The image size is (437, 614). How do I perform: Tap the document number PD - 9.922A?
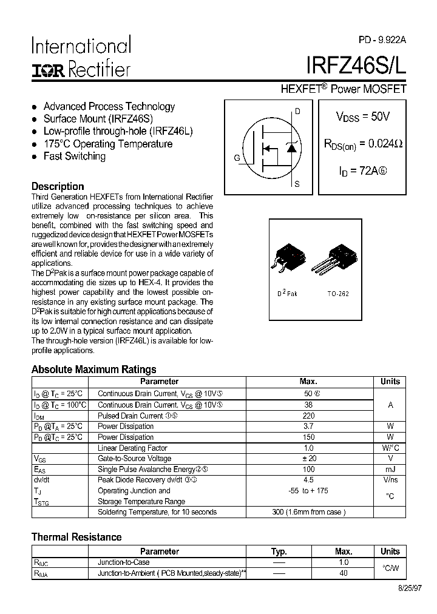(x=382, y=39)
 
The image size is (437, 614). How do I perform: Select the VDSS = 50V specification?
(x=362, y=116)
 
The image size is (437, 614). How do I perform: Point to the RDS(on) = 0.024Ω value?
(x=362, y=144)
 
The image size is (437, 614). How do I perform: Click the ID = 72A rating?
(x=362, y=171)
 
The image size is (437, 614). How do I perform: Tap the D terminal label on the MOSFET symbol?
(x=297, y=111)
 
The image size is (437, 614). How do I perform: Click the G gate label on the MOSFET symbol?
(x=237, y=158)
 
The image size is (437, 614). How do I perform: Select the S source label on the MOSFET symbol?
(x=297, y=183)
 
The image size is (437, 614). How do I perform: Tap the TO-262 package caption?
(x=338, y=293)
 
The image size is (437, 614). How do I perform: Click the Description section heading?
(x=58, y=186)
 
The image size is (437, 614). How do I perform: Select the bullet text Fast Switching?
(x=74, y=157)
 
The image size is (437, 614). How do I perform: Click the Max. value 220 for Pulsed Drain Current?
(x=308, y=416)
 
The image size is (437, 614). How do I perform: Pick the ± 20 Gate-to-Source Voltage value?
(x=308, y=459)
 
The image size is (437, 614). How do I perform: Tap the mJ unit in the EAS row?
(x=390, y=470)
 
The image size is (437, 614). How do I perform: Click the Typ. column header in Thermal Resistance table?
(x=279, y=552)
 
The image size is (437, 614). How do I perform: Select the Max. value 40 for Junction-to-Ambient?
(x=344, y=573)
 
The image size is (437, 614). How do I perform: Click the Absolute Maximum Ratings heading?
(x=93, y=369)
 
